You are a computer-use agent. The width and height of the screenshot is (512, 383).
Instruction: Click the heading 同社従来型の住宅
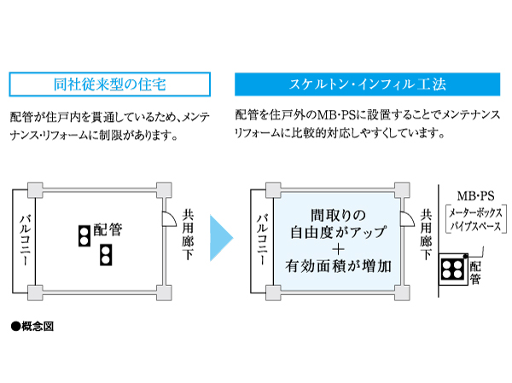click(109, 84)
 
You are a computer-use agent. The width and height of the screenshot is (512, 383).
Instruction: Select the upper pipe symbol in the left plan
click(84, 234)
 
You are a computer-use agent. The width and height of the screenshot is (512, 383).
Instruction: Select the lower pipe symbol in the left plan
click(104, 253)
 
